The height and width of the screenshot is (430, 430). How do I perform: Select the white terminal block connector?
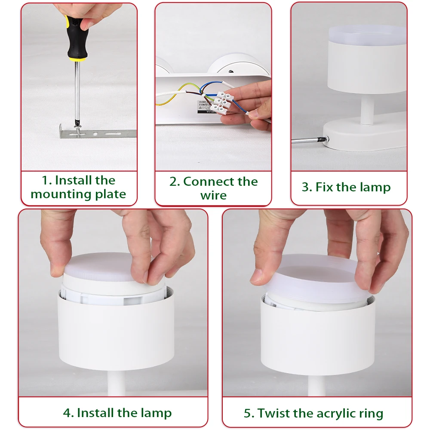[x=223, y=101]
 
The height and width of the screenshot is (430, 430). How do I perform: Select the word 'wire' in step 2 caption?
[x=213, y=196]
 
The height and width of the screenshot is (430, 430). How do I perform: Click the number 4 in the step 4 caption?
[x=67, y=413]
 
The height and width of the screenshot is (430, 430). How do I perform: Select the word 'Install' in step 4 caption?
[x=95, y=413]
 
